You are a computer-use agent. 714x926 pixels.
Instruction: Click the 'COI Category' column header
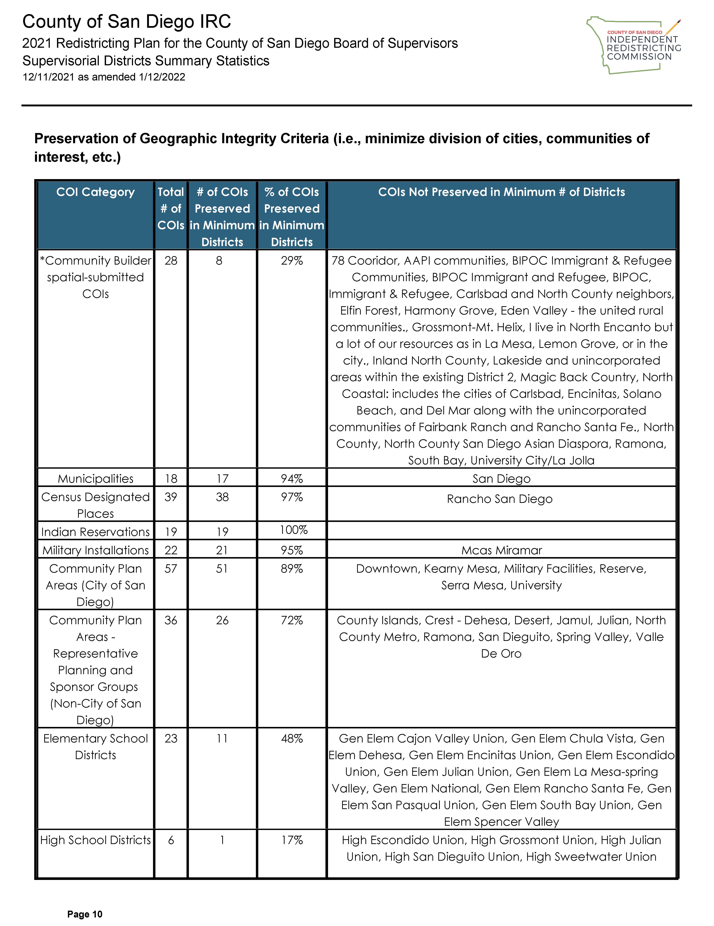pyautogui.click(x=95, y=192)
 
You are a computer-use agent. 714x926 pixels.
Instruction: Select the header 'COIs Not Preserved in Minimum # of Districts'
pyautogui.click(x=501, y=192)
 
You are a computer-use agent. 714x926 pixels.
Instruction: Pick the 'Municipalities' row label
pyautogui.click(x=95, y=479)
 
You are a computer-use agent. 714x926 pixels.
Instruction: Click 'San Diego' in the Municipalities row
pyautogui.click(x=501, y=479)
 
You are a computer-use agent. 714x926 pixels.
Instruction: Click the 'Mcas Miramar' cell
pyautogui.click(x=501, y=550)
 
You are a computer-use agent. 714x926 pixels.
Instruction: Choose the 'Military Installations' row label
pyautogui.click(x=95, y=550)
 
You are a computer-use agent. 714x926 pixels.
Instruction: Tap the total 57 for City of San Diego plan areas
pyautogui.click(x=171, y=569)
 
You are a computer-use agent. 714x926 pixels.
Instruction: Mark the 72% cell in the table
pyautogui.click(x=292, y=620)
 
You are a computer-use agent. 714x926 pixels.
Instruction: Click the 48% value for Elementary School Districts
pyautogui.click(x=292, y=739)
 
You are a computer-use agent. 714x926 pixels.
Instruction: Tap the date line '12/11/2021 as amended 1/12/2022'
pyautogui.click(x=104, y=77)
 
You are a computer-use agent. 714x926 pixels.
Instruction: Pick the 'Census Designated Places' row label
pyautogui.click(x=95, y=505)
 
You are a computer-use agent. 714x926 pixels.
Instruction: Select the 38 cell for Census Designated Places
pyautogui.click(x=222, y=497)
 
